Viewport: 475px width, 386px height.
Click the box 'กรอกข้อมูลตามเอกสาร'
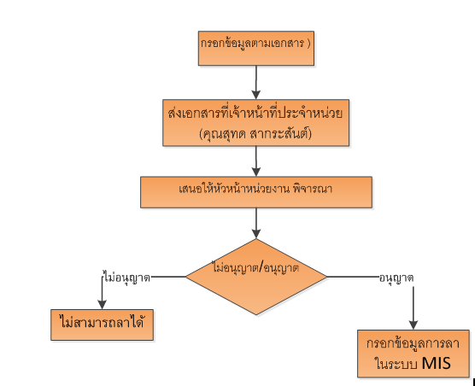256,48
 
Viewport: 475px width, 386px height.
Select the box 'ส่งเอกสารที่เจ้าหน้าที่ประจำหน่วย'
256,123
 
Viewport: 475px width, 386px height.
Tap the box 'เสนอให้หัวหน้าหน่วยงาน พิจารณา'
256,192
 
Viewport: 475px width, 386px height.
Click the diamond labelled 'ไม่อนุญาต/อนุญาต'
256,277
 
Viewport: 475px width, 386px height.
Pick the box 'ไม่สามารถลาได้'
102,325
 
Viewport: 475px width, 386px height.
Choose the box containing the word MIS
413,354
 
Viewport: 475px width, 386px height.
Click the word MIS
437,363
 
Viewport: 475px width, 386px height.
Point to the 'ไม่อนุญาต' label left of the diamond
126,278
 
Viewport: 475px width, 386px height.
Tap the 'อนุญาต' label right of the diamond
396,278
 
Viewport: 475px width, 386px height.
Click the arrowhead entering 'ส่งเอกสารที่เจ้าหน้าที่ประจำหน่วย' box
256,95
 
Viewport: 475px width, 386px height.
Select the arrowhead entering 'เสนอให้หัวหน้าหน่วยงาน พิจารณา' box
256,172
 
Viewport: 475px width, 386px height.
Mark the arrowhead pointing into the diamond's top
256,234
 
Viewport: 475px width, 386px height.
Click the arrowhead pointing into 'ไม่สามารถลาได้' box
102,305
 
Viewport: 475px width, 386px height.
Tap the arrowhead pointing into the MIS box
413,325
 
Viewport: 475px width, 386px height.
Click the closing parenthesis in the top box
308,44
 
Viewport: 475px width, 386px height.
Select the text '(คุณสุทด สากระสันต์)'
255,134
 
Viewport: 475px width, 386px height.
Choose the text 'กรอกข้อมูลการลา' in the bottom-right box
413,343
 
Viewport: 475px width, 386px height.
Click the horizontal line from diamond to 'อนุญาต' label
353,277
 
